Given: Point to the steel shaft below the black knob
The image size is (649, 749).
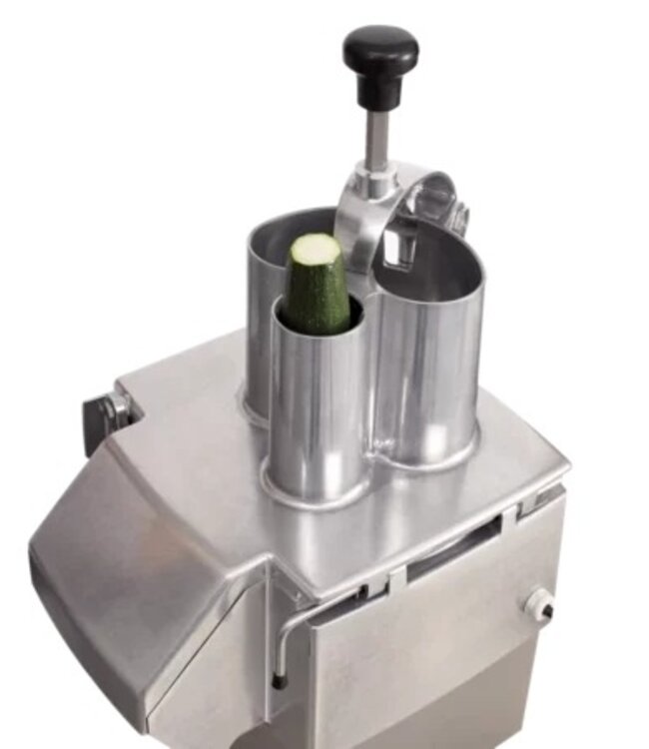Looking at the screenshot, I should click(376, 140).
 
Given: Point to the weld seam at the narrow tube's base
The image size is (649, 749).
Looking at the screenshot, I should click(310, 492).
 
